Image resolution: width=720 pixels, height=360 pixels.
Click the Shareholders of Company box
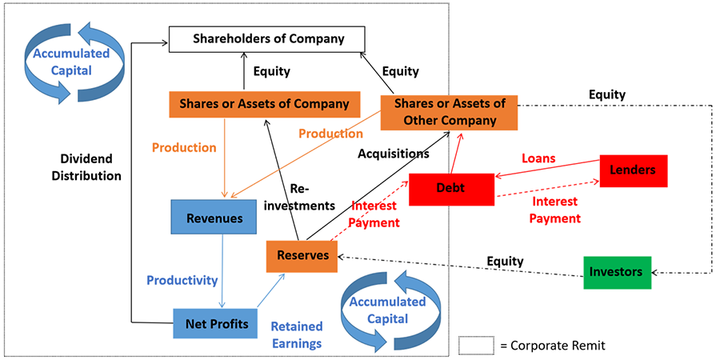point(266,38)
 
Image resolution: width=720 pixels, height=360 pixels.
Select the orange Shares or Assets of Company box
point(264,104)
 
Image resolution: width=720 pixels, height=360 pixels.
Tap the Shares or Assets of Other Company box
point(449,112)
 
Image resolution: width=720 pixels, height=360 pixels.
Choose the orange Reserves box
point(302,255)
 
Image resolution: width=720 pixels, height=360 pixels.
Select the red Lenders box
point(633,170)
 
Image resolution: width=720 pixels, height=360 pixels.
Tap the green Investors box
point(616,272)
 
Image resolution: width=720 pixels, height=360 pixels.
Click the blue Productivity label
point(182,280)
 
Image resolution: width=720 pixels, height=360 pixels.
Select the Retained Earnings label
point(297,334)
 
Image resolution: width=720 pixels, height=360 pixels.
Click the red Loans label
point(539,158)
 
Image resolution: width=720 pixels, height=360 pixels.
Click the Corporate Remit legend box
point(478,346)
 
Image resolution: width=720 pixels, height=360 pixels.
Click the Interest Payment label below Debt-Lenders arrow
point(554,210)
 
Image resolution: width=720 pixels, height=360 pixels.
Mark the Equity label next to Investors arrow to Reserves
point(506,261)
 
